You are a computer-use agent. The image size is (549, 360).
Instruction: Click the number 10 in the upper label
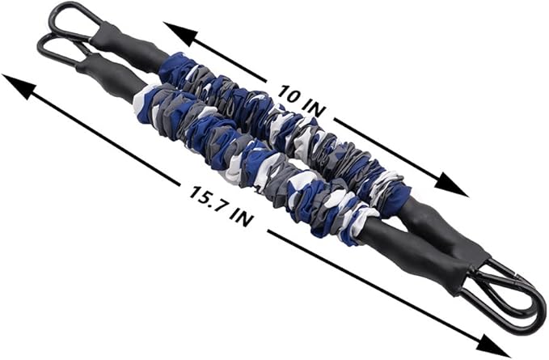[x=288, y=94]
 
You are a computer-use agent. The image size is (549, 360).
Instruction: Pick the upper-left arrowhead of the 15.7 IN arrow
[x=19, y=87]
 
